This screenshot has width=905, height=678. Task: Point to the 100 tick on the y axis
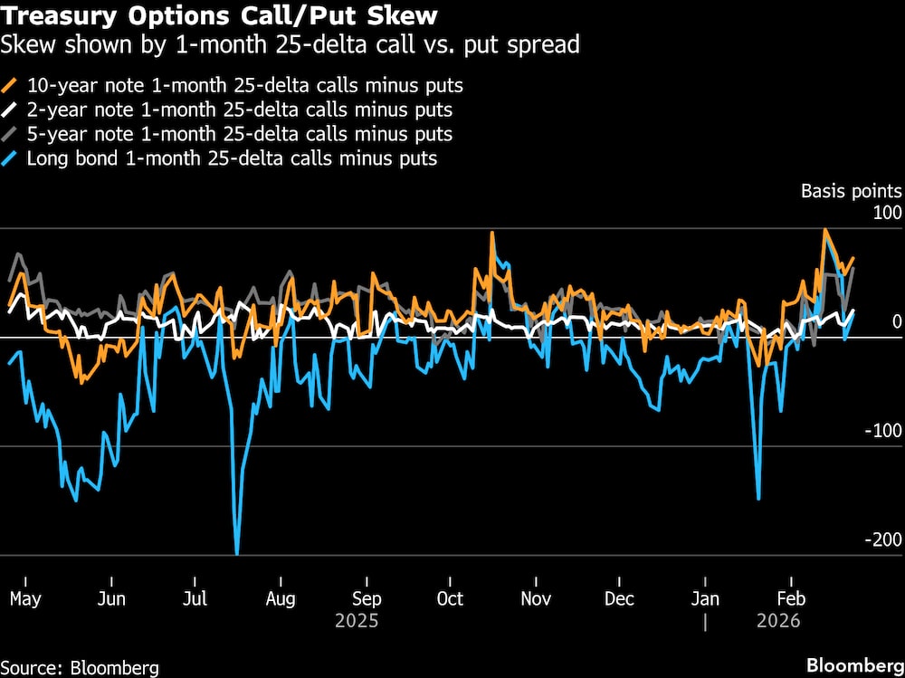pos(887,214)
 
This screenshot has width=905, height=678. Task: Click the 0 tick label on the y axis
pos(896,322)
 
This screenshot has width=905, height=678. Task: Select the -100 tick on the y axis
pos(883,431)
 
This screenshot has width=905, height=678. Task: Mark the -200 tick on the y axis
pos(883,540)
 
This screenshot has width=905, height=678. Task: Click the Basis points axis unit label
pos(851,191)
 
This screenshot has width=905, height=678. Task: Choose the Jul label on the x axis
pos(195,599)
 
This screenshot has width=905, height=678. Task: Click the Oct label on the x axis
pos(450,599)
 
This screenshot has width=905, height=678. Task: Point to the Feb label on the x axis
pos(792,599)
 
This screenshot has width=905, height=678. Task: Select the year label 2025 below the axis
pos(357,622)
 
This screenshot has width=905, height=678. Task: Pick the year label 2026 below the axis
pos(778,622)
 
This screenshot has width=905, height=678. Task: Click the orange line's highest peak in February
pos(825,230)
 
